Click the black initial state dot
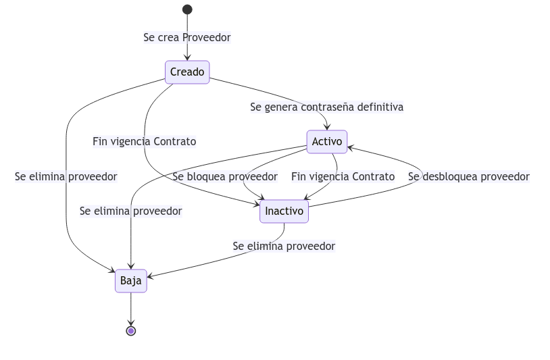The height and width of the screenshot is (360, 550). (x=187, y=9)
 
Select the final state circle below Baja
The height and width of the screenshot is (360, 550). (x=131, y=331)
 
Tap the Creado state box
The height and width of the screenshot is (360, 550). (x=187, y=72)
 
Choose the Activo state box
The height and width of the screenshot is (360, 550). (x=327, y=142)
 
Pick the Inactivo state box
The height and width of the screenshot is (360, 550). (x=284, y=211)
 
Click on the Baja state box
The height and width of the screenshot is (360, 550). (x=131, y=281)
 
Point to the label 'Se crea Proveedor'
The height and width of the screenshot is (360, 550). (x=187, y=38)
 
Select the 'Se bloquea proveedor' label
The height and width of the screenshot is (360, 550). (x=225, y=177)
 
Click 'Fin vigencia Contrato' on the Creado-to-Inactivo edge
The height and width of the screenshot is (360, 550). (x=145, y=142)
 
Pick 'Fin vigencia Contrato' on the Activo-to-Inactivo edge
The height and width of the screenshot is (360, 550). (x=343, y=177)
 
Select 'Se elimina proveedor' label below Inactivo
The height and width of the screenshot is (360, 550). (x=284, y=247)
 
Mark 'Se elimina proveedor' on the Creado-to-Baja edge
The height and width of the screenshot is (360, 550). (x=66, y=177)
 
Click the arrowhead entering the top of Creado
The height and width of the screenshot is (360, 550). (x=187, y=58)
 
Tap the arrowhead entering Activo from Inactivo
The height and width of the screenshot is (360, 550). (x=351, y=147)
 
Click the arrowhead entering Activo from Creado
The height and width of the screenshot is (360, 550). (x=327, y=127)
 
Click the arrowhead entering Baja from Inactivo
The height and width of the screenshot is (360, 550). (x=151, y=276)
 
